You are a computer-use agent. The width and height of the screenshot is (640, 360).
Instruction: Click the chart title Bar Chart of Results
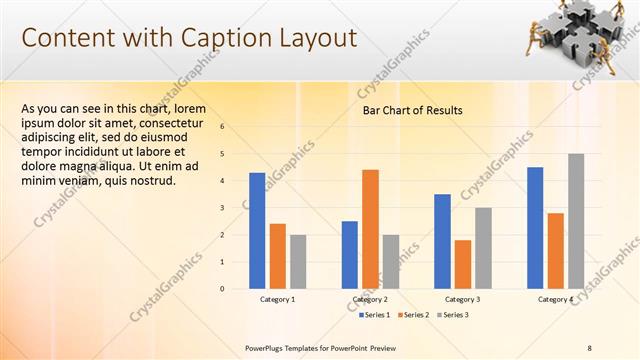coord(412,110)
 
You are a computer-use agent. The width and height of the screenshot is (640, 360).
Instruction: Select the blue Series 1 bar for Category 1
coord(257,231)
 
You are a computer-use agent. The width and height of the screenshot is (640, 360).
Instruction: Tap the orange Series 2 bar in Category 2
coord(370,229)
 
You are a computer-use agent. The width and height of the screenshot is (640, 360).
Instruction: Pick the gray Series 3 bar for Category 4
coord(576,221)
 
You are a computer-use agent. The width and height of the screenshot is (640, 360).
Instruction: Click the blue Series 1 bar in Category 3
coord(442,241)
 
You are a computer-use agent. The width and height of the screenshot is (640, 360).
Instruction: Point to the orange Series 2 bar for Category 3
coord(462,264)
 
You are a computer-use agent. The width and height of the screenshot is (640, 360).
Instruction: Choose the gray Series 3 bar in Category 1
coord(298,262)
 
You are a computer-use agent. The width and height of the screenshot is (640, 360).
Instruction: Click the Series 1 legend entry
coord(376,315)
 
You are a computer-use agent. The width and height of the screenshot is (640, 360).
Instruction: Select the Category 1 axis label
coord(278,299)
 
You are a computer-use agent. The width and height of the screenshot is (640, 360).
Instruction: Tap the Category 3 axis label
coord(462,299)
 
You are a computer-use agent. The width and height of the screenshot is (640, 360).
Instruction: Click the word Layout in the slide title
coord(318,38)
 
